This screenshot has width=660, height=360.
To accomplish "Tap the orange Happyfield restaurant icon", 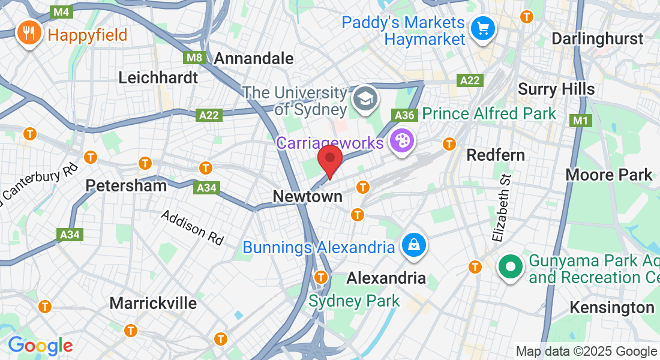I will tap(28, 34).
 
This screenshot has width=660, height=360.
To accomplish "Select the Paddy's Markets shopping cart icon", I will tap(482, 28).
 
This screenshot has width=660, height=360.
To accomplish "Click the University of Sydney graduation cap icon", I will tap(364, 98).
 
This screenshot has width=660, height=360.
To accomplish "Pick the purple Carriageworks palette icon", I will tap(400, 142).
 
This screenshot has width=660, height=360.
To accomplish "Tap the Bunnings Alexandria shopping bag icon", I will tap(415, 245).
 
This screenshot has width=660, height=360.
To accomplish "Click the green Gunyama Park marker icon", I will tap(511, 267).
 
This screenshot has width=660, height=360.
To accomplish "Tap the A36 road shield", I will tap(404, 114).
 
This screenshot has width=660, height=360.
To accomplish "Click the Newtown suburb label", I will tap(307, 197).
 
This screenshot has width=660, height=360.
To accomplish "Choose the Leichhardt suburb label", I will tap(158, 77).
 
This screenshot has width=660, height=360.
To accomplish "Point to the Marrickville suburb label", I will tap(153, 303).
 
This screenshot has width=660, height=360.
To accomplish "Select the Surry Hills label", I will tap(556, 89).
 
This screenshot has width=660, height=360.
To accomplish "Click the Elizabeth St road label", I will tap(502, 207).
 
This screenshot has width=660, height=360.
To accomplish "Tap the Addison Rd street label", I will tap(192, 227).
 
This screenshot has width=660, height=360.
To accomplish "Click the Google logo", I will tap(40, 345).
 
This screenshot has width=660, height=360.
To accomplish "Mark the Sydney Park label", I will tap(354, 301).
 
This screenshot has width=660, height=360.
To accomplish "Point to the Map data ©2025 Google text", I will tap(586, 352).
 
